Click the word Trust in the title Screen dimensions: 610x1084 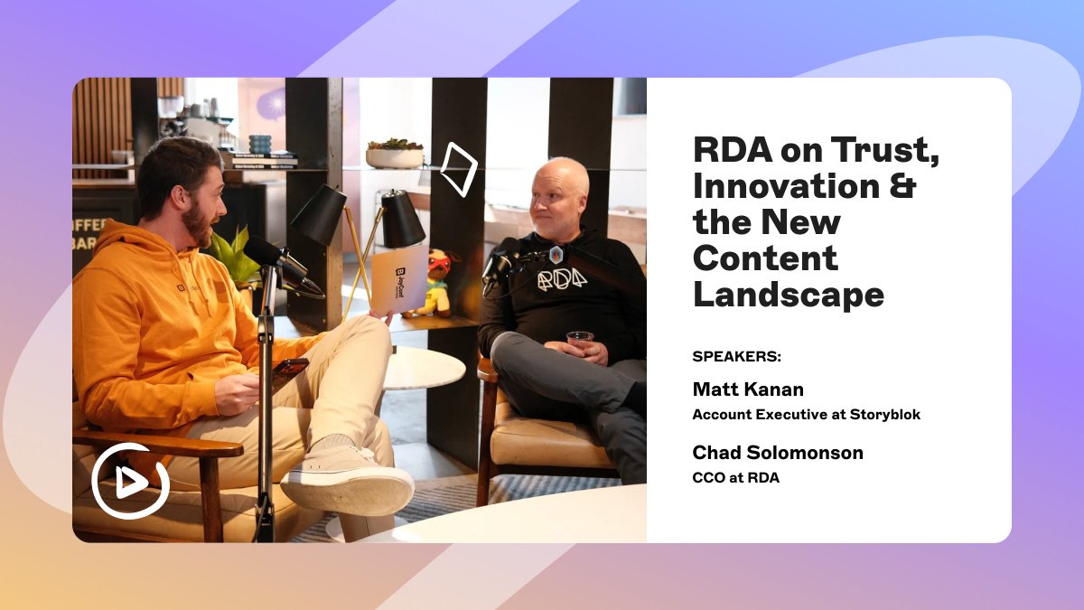tap(894, 151)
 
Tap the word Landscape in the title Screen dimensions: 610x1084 tap(789, 294)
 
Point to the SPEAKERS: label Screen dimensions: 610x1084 tap(736, 356)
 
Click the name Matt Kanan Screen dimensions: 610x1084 tap(748, 389)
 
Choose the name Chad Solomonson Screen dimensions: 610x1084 tap(778, 452)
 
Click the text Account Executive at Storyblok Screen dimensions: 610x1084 tap(806, 415)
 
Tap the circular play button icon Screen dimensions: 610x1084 tap(130, 481)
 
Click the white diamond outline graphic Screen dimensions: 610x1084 tap(458, 169)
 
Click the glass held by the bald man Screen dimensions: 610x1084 tap(579, 342)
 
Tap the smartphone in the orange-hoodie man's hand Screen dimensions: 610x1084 tap(290, 366)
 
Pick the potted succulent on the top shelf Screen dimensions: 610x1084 tap(395, 154)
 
